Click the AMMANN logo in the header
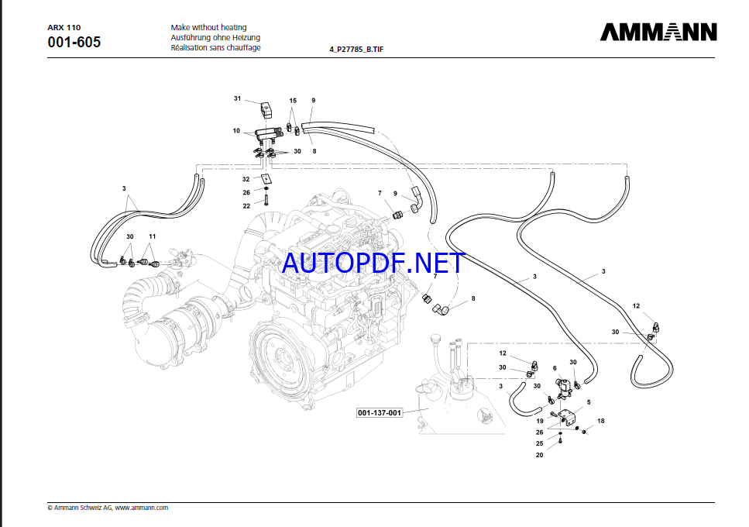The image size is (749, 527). pyautogui.click(x=658, y=32)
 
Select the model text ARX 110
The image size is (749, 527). pyautogui.click(x=64, y=27)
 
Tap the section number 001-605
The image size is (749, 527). pyautogui.click(x=74, y=42)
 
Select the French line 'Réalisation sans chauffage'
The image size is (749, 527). pyautogui.click(x=215, y=47)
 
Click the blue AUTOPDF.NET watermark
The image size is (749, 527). pyautogui.click(x=373, y=263)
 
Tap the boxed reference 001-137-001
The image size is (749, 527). pyautogui.click(x=380, y=412)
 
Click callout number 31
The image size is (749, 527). pyautogui.click(x=238, y=98)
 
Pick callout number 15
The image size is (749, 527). pyautogui.click(x=293, y=101)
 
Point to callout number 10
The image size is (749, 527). pyautogui.click(x=236, y=131)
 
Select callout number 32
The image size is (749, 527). pyautogui.click(x=246, y=179)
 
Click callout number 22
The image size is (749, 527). pyautogui.click(x=246, y=205)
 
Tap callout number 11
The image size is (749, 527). pyautogui.click(x=153, y=236)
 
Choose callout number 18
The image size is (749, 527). pyautogui.click(x=600, y=421)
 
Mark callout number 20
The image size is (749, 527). pyautogui.click(x=539, y=455)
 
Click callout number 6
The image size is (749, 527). pyautogui.click(x=555, y=367)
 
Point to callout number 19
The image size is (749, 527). pyautogui.click(x=539, y=421)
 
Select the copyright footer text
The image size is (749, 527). pyautogui.click(x=108, y=508)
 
